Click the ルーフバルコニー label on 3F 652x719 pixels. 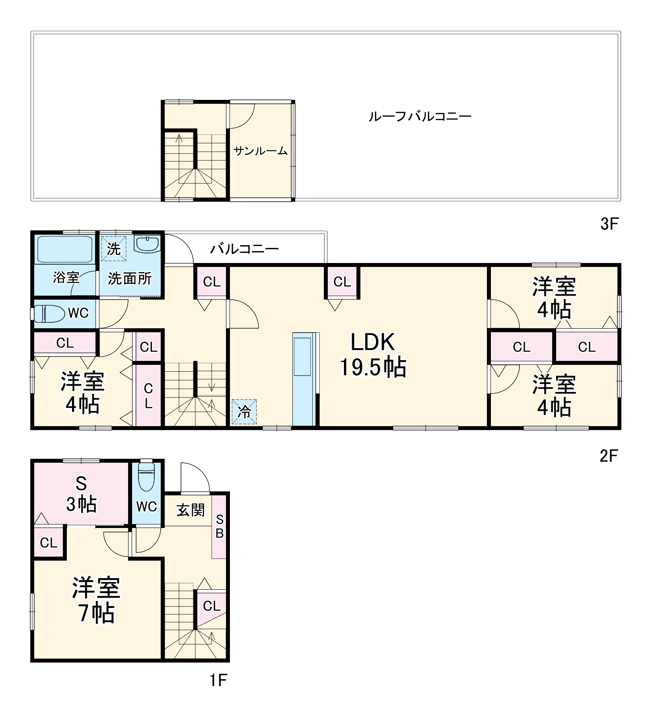pyautogui.click(x=420, y=117)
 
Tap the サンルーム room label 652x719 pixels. pyautogui.click(x=261, y=151)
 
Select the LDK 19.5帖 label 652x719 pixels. pyautogui.click(x=373, y=355)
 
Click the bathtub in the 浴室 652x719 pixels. pyautogui.click(x=65, y=249)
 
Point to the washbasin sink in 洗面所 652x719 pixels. pyautogui.click(x=148, y=244)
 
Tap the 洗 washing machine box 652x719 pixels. pyautogui.click(x=113, y=249)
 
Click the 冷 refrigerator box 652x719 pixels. pyautogui.click(x=244, y=412)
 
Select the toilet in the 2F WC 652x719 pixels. pyautogui.click(x=49, y=314)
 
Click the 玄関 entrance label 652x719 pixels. pyautogui.click(x=191, y=510)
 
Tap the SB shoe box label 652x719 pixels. pyautogui.click(x=219, y=526)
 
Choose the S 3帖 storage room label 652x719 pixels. pyautogui.click(x=81, y=495)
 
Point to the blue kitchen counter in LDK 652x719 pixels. pyautogui.click(x=304, y=380)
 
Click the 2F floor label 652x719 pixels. pyautogui.click(x=609, y=456)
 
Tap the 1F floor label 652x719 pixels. pyautogui.click(x=218, y=680)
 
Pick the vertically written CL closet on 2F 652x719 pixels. pyautogui.click(x=148, y=396)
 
